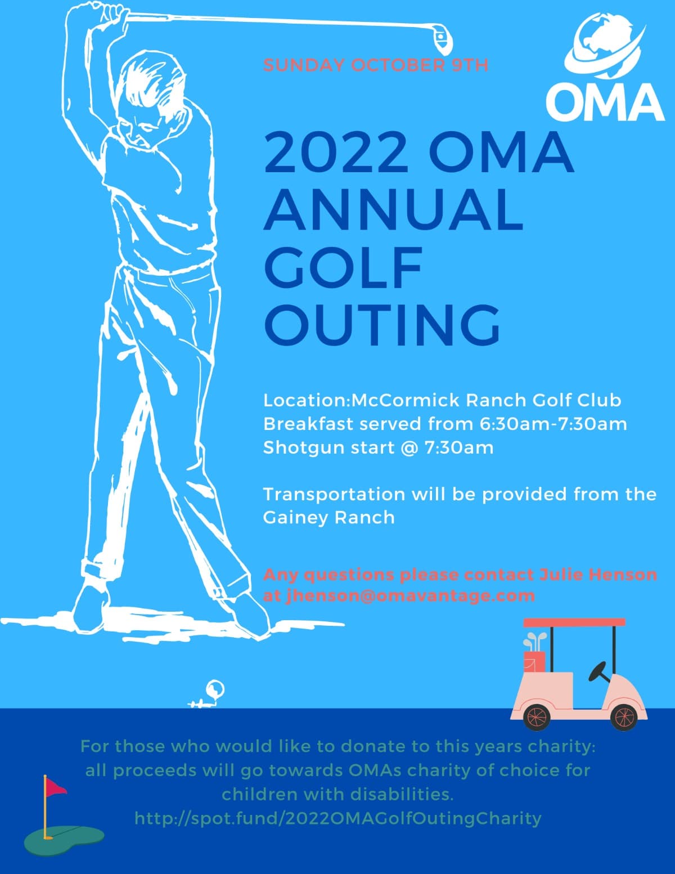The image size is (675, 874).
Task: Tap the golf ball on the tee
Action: click(x=215, y=688)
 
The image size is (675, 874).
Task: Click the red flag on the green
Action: click(x=55, y=787)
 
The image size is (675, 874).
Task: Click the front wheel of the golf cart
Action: click(x=623, y=716)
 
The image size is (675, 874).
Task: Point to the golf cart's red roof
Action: click(x=574, y=622)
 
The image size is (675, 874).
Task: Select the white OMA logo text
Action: click(x=605, y=102)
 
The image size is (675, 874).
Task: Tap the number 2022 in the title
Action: click(x=336, y=152)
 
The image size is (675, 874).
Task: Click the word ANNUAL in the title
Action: click(x=394, y=209)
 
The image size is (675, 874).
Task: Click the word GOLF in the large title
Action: click(x=343, y=267)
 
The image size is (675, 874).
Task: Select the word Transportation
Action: click(x=334, y=494)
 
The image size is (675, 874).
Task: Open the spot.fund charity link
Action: click(x=338, y=818)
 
